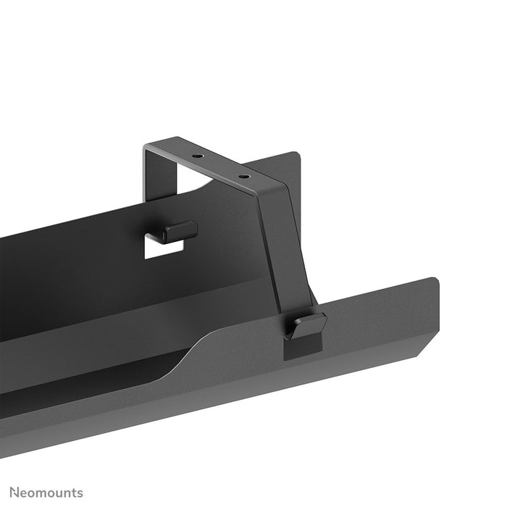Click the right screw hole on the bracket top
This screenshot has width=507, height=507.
(x=244, y=176)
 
